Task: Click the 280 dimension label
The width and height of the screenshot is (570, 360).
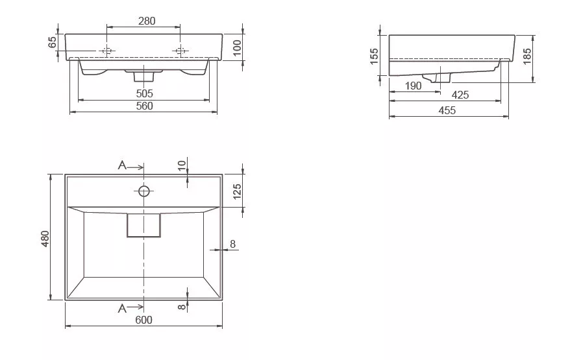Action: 147,21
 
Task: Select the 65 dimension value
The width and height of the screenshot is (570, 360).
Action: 53,42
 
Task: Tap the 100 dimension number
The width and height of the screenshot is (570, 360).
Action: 237,47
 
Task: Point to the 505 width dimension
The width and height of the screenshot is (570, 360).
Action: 145,93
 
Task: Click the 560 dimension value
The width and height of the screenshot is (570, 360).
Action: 145,106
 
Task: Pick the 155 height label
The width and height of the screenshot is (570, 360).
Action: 374,56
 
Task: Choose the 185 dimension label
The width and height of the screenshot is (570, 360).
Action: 527,56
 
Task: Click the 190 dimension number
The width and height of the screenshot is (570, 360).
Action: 414,86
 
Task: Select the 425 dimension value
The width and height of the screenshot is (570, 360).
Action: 460,95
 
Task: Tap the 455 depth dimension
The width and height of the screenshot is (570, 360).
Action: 447,110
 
